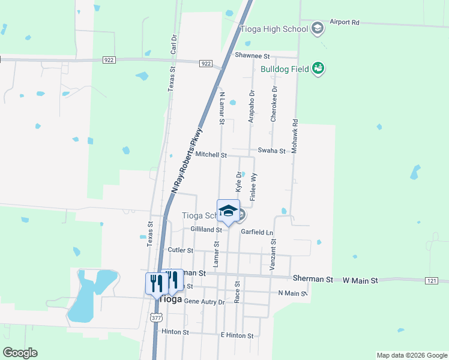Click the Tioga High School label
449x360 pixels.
pos(274,28)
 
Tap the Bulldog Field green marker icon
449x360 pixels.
pos(318,69)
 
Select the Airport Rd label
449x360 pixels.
pos(344,22)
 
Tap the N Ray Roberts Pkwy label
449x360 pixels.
pos(188,160)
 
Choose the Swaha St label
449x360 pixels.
pos(271,151)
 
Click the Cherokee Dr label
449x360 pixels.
pos(274,104)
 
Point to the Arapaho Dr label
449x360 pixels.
pos(252,107)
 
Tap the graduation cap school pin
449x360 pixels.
pos(228,211)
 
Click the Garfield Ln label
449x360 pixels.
pos(257,232)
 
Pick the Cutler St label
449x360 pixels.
pos(180,250)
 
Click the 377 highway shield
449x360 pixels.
pos(156,317)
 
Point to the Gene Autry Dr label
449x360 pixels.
pos(204,301)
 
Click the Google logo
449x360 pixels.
pos(20,353)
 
